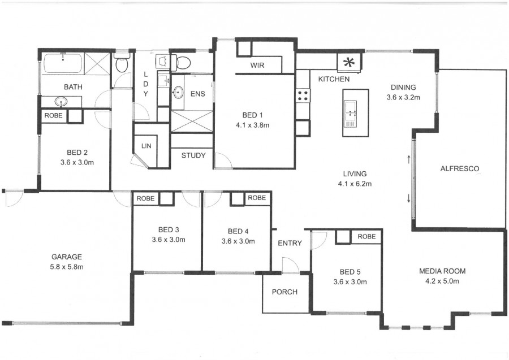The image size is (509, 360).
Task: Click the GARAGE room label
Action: coord(67,257)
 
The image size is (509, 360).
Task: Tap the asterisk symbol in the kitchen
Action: coord(349,62)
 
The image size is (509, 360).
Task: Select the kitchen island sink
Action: coord(350,114)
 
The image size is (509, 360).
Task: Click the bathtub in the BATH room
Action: coord(63,63)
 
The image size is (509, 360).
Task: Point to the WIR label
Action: coord(257,65)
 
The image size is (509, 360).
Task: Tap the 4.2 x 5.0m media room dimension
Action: coord(442,281)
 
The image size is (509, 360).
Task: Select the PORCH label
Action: coord(284,292)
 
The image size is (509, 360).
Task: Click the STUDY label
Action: coord(193,155)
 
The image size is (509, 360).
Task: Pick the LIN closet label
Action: coord(146,146)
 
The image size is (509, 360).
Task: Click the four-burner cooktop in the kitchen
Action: coord(303,96)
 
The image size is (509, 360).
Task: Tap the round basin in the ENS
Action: coord(178,92)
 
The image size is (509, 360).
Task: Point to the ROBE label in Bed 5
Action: coord(366,236)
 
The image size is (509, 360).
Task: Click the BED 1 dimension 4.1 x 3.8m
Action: coord(253,125)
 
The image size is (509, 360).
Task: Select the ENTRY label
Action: coord(290,243)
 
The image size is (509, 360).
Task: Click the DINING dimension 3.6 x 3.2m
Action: coord(403,97)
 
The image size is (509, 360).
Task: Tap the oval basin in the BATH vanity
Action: coord(61,102)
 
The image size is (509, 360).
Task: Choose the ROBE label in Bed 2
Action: coord(54,115)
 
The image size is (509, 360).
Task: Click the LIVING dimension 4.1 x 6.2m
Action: coord(355,184)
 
